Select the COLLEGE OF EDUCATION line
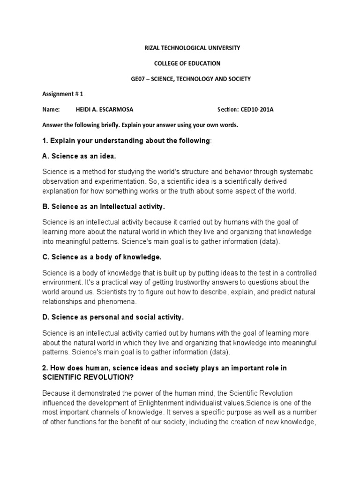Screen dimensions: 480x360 point(187,63)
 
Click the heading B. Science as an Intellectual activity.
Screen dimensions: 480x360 point(104,207)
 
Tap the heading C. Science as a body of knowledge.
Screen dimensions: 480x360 point(102,257)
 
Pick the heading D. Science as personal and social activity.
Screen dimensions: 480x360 point(113,317)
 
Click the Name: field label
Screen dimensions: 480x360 point(51,109)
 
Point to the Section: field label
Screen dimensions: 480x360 point(228,109)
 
